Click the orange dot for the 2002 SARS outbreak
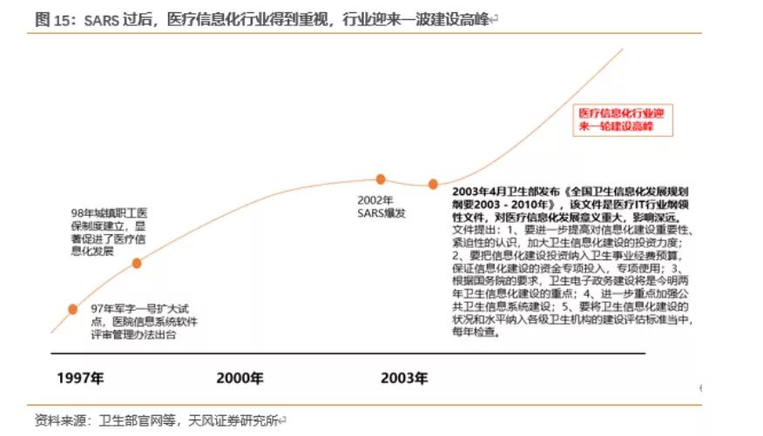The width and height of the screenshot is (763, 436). point(381,179)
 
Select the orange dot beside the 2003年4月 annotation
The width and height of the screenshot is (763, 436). point(432,184)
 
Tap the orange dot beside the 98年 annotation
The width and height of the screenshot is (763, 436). point(136,263)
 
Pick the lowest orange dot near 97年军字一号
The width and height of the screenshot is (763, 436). point(72,309)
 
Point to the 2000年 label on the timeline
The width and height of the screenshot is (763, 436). point(240,378)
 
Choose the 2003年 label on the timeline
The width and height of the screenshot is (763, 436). point(404,378)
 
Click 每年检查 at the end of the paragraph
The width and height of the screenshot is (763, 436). point(475,332)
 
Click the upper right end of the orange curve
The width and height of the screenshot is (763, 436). point(622,50)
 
